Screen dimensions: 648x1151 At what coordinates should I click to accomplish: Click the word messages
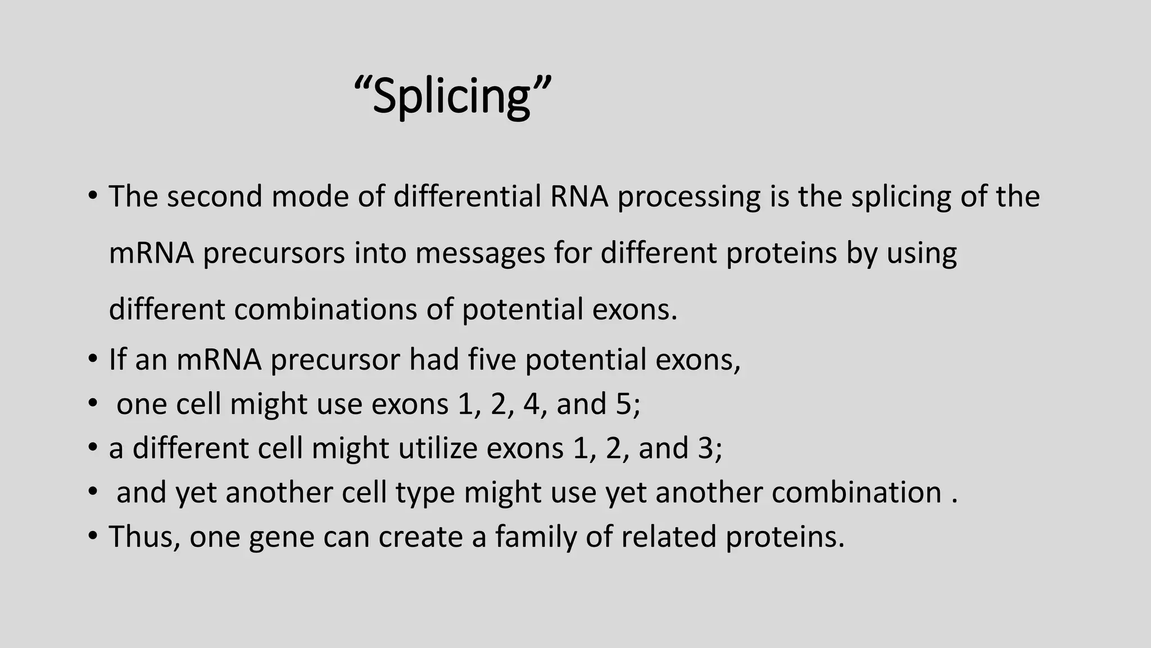pos(481,254)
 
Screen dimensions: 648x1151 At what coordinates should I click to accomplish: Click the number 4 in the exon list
pos(531,404)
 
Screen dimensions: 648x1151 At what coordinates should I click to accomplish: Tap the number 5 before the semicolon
pos(624,404)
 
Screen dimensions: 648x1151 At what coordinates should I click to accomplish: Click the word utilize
pos(437,448)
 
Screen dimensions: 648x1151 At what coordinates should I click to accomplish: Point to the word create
pos(420,537)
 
